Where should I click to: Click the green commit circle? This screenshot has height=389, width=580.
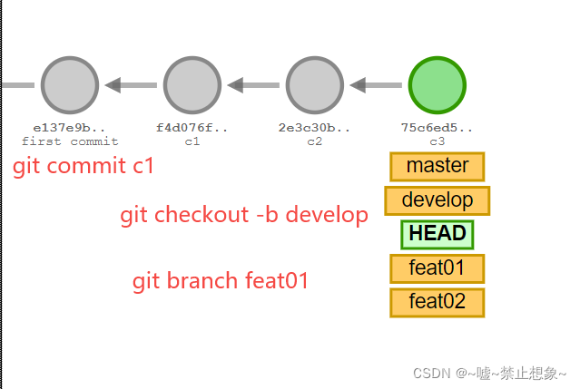pos(437,85)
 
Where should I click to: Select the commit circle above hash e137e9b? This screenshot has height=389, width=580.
pos(69,85)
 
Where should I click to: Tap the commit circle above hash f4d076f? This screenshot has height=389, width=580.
pos(192,85)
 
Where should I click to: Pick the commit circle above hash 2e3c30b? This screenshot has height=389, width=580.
pos(314,85)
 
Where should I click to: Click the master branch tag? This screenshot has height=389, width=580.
pos(437,166)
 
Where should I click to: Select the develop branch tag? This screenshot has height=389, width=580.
pos(437,200)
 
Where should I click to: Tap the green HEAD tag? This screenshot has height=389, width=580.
pos(437,234)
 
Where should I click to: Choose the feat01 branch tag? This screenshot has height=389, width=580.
pos(437,268)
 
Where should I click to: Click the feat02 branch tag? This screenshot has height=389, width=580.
pos(437,302)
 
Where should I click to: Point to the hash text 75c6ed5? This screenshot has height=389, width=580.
pos(437,128)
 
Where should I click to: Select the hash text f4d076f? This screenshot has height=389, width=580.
pos(192,128)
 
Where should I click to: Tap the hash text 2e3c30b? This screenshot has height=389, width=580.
pos(314,128)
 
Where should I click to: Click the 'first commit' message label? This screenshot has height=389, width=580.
pos(70,141)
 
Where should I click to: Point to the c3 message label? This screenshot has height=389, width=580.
pos(437,141)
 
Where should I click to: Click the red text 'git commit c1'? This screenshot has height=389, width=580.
pos(84,167)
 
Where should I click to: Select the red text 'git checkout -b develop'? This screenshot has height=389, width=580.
pos(244,215)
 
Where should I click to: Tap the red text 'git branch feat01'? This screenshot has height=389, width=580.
pos(221,281)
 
